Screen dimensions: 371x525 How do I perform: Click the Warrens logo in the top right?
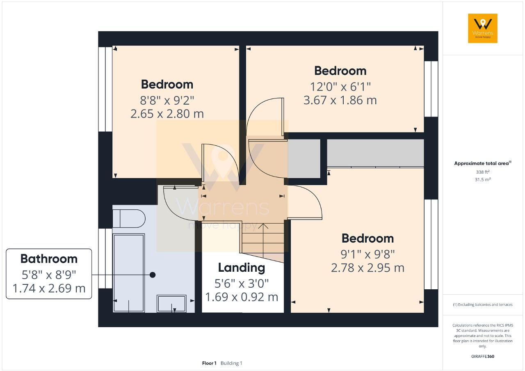[x=482, y=28]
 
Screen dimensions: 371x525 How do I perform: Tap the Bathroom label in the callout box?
[x=49, y=259]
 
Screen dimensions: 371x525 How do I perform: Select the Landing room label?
[x=241, y=268]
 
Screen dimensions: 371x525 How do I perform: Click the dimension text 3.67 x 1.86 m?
[x=340, y=100]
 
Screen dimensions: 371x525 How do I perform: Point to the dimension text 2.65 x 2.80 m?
[x=167, y=114]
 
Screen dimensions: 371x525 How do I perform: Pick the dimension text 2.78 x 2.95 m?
[x=367, y=268]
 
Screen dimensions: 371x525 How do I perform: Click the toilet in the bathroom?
[x=128, y=218]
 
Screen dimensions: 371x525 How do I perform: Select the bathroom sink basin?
[x=172, y=304]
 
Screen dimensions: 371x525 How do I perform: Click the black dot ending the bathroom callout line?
[x=153, y=275]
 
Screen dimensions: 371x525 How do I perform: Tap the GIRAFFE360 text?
[x=483, y=356]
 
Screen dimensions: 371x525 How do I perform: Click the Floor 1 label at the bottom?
[x=209, y=363]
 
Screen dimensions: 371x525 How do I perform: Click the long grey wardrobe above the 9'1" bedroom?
[x=375, y=153]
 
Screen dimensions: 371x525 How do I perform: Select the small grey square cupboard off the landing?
[x=304, y=158]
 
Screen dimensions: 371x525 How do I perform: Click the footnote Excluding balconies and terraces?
[x=482, y=305]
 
